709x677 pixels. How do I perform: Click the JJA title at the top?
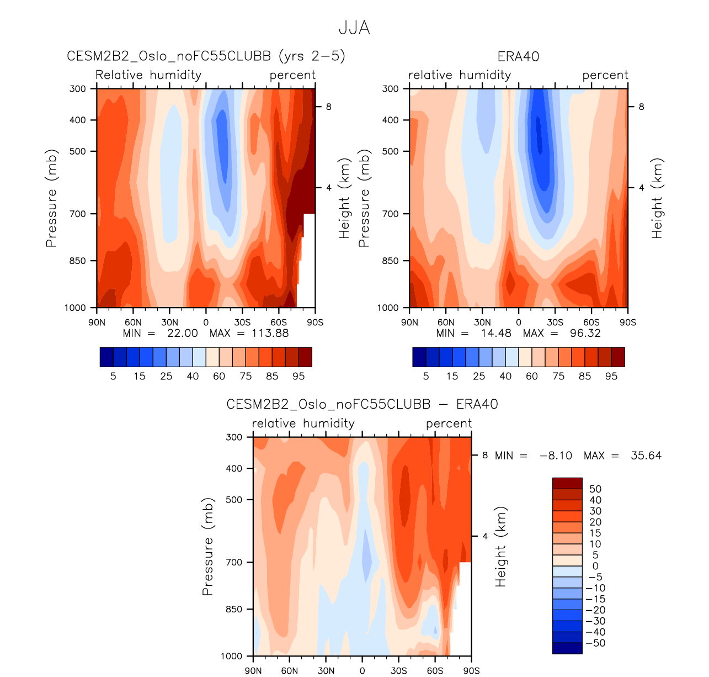click(354, 28)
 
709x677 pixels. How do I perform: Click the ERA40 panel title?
click(518, 57)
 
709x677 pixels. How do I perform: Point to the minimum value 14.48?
click(496, 333)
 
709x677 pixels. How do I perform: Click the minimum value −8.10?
click(556, 456)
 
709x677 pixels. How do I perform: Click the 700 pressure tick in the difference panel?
click(235, 562)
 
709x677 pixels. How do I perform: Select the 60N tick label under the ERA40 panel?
click(446, 322)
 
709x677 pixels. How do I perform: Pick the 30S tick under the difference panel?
click(398, 671)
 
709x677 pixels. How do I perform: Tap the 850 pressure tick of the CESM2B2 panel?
click(79, 261)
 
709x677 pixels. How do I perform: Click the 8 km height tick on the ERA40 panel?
click(641, 107)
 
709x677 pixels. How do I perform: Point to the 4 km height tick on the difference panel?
click(485, 536)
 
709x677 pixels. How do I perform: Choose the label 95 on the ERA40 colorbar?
click(611, 376)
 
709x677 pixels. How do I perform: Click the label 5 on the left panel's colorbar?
click(113, 376)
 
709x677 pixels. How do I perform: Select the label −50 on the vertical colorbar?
click(595, 643)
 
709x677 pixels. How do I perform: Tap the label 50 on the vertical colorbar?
click(595, 489)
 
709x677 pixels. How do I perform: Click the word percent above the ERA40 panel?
click(605, 75)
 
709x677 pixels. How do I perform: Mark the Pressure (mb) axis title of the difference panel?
click(207, 547)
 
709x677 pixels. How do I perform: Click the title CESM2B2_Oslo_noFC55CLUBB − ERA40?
click(362, 404)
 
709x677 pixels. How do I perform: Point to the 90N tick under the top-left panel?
click(97, 322)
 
